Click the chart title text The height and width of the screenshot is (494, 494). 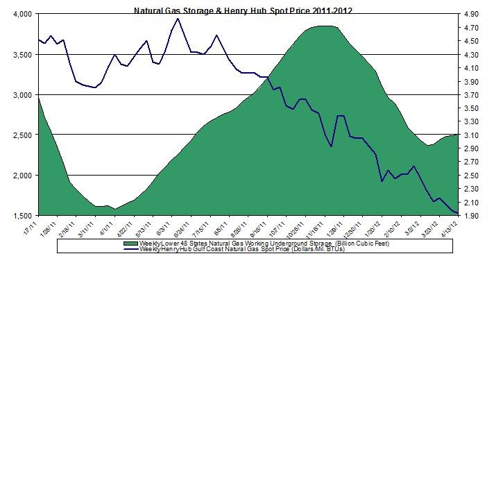(x=247, y=10)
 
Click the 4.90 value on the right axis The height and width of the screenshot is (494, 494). (x=470, y=14)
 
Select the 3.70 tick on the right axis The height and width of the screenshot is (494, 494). (x=470, y=94)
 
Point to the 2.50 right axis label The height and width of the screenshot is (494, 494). (x=470, y=175)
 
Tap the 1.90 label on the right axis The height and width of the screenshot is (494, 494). (x=470, y=215)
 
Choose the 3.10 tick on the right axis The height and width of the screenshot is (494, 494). (x=470, y=135)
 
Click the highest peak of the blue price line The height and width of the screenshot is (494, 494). (x=178, y=18)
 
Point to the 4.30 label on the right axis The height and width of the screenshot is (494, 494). (x=470, y=54)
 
